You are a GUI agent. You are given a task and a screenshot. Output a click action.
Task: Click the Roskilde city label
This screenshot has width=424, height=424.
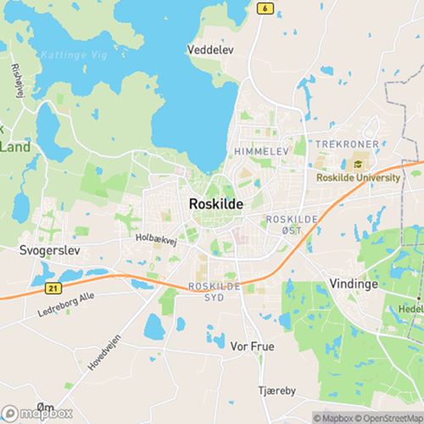pyautogui.click(x=214, y=204)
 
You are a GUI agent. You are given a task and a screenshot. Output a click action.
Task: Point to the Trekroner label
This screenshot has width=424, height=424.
pyautogui.click(x=346, y=145)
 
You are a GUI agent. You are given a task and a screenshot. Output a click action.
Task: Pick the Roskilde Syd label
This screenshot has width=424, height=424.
pyautogui.click(x=214, y=292)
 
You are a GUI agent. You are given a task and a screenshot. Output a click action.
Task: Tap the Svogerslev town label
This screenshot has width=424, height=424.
pyautogui.click(x=47, y=251)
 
